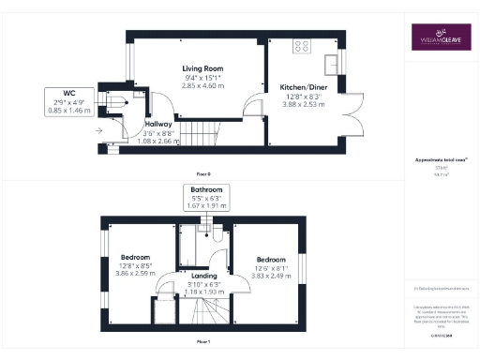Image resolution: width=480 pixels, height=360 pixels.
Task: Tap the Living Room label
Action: tap(202, 68)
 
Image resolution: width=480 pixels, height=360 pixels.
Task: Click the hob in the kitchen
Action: tap(306, 44)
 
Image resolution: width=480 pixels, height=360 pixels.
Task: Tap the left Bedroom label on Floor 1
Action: tap(136, 258)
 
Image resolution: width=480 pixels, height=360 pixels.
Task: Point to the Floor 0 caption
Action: tap(203, 174)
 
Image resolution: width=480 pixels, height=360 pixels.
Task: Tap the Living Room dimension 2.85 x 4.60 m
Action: tap(202, 84)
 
